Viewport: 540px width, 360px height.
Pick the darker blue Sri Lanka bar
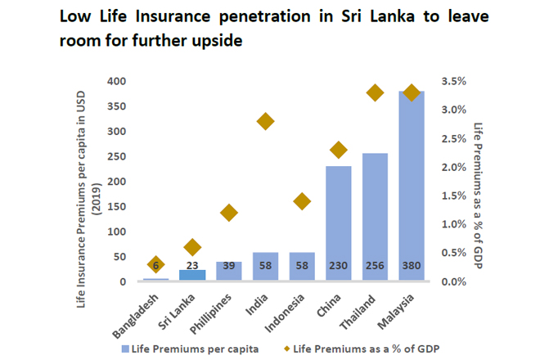pos(192,276)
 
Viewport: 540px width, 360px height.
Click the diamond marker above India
pos(265,122)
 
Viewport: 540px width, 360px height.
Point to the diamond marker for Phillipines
pos(229,213)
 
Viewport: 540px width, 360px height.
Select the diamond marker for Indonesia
pos(302,201)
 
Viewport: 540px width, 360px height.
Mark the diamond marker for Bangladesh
pos(156,263)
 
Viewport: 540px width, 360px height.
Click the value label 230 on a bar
pos(339,267)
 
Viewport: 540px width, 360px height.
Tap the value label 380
pos(412,267)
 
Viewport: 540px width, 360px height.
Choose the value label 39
pos(229,267)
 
